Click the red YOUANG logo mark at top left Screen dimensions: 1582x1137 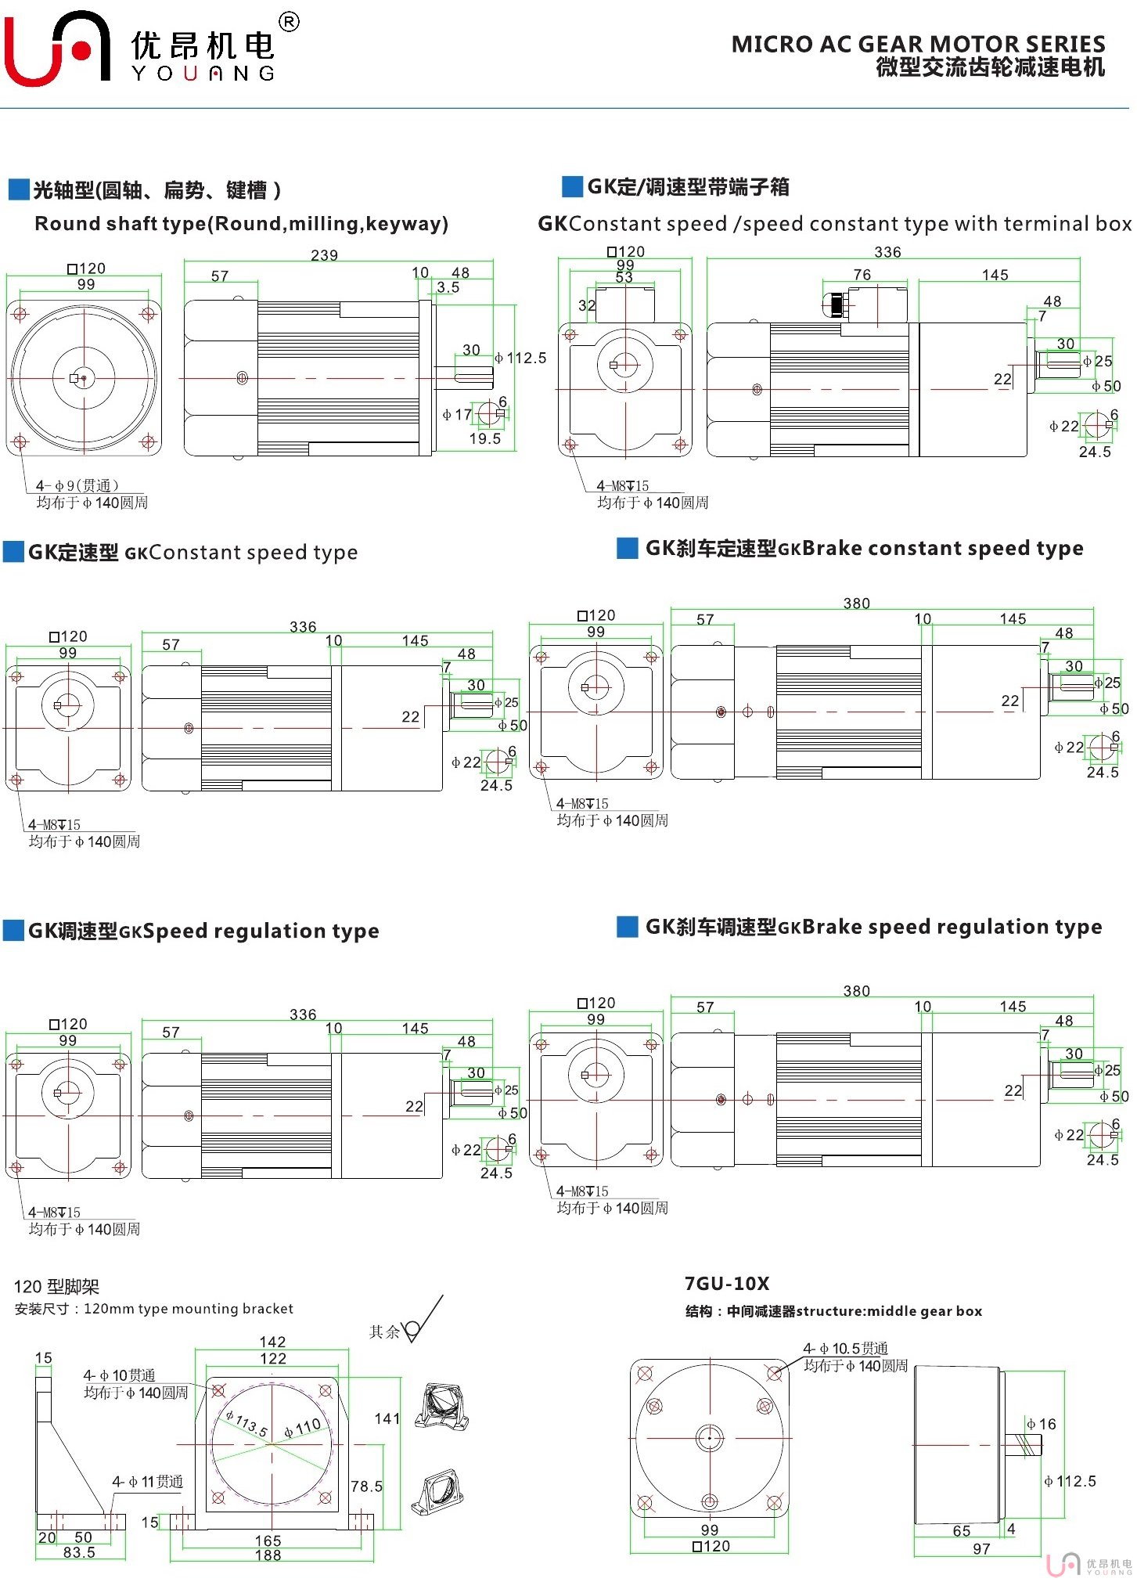(x=56, y=49)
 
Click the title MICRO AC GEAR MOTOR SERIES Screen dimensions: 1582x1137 (x=918, y=44)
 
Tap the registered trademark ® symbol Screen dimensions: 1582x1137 (x=289, y=22)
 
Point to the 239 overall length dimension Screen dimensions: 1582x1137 (x=324, y=255)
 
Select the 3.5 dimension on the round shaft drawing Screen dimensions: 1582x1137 (x=448, y=287)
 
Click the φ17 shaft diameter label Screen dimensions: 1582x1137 (x=457, y=414)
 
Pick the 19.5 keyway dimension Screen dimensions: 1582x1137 (x=484, y=438)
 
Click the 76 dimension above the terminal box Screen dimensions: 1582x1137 (x=862, y=275)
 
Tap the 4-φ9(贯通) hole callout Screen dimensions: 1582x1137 (x=77, y=485)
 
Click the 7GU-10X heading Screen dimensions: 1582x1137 (x=727, y=1284)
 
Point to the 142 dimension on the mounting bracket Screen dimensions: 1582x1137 (x=272, y=1342)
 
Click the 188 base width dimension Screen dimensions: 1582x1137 (x=268, y=1555)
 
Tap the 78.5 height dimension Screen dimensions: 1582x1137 (x=366, y=1486)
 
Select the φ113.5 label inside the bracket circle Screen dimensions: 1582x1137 (x=246, y=1423)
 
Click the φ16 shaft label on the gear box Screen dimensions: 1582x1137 (x=1042, y=1424)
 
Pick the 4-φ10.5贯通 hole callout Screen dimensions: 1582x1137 (x=845, y=1348)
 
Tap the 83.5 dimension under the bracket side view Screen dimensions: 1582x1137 (x=79, y=1552)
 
